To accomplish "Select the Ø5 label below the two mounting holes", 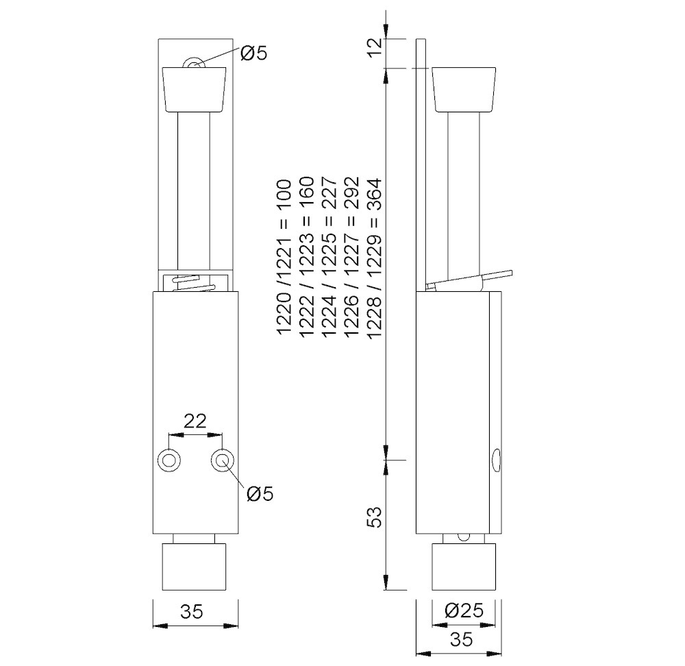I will tap(259, 493).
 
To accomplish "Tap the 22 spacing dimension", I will tap(195, 421).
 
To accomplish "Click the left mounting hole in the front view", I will tap(169, 460).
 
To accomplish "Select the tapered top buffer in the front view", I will tap(195, 89).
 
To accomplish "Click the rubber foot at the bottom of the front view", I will tap(195, 567).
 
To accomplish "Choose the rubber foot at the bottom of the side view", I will tap(463, 567).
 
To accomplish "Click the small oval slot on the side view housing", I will tap(496, 460).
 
